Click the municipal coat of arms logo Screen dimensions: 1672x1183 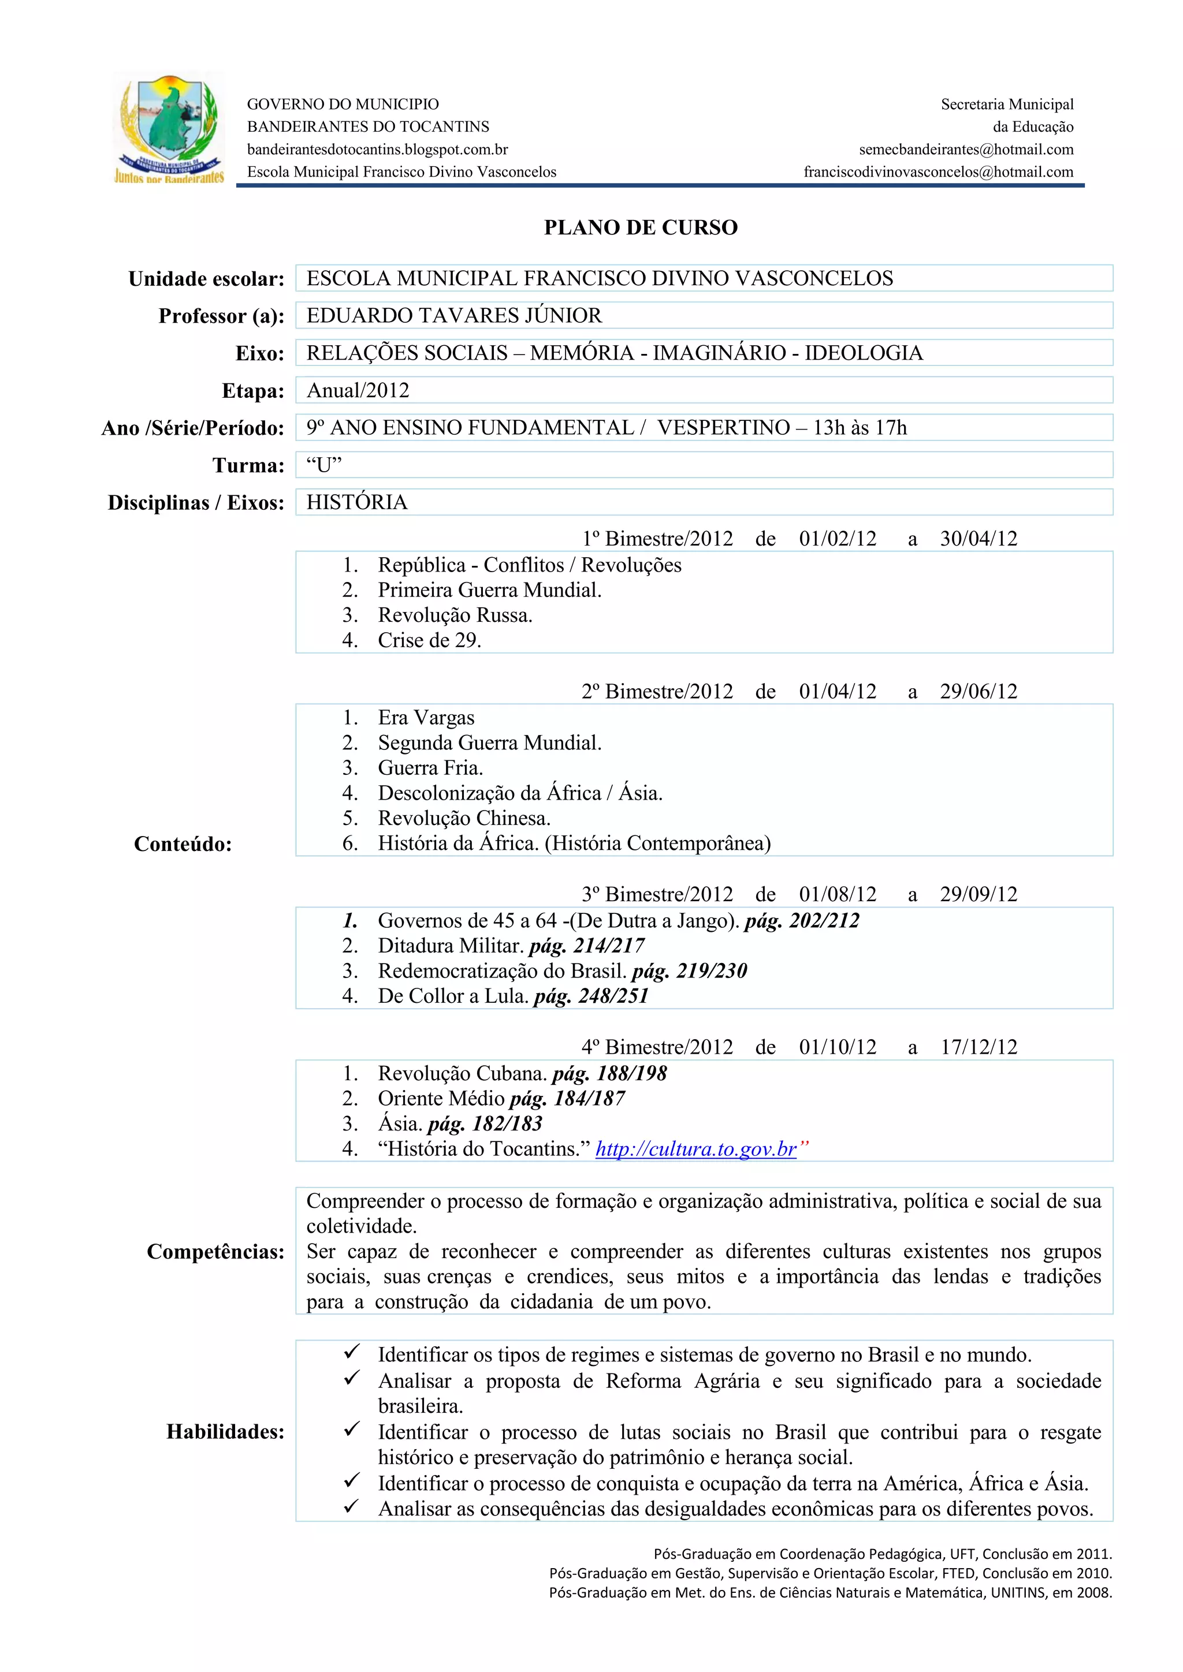(169, 128)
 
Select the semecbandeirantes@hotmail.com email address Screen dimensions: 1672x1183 (966, 150)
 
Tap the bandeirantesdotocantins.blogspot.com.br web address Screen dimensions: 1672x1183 (377, 150)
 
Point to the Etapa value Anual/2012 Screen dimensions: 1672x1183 (358, 390)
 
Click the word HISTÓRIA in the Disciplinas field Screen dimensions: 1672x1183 (357, 502)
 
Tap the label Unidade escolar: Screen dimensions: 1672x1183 (206, 279)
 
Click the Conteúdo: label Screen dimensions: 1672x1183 (183, 844)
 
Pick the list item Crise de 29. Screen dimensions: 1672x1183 (429, 640)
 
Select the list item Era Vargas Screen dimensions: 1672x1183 (426, 717)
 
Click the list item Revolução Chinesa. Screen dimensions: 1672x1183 (464, 818)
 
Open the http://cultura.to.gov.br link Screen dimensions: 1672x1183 (695, 1148)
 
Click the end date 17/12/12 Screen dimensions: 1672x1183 (979, 1047)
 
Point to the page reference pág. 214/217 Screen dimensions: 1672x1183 (587, 945)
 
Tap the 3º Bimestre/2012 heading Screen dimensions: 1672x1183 (657, 894)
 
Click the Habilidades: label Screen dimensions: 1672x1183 (225, 1431)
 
